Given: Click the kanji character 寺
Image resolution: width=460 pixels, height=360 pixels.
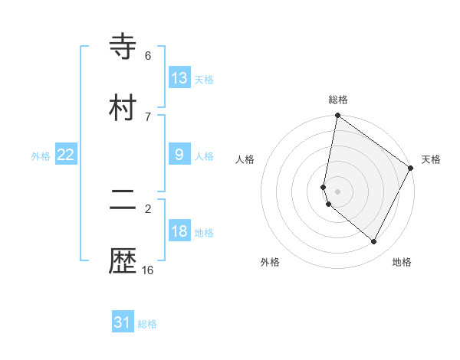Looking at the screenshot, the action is tap(123, 47).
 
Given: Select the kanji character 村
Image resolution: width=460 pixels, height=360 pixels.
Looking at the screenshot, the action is tap(123, 107).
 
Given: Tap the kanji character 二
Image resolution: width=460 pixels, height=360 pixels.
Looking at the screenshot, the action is tap(123, 201).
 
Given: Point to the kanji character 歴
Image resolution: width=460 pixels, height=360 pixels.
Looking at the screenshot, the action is tap(123, 261).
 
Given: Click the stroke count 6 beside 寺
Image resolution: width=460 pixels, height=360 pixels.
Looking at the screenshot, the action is tap(148, 56).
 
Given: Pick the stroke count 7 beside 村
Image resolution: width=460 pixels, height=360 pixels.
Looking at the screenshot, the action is tap(148, 116).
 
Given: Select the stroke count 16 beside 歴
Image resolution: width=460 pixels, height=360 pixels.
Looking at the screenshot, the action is tap(148, 270).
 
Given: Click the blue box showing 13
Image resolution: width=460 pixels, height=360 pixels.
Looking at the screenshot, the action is tap(179, 78).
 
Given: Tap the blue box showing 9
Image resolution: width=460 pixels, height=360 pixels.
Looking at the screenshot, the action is tap(179, 155).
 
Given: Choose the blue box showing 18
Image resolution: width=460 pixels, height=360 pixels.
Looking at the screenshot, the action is tap(179, 231).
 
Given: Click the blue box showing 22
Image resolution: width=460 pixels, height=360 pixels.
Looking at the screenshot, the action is tap(66, 155).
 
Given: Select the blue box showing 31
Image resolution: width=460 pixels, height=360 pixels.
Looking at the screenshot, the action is tap(123, 322).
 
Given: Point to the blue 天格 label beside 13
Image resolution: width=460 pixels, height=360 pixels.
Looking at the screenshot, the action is tap(204, 80).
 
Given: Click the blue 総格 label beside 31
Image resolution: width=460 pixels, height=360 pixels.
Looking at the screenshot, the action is tap(147, 324).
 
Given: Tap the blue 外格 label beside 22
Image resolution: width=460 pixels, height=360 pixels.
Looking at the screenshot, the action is tap(41, 156).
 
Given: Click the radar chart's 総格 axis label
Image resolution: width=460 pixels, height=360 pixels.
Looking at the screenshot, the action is tap(338, 100).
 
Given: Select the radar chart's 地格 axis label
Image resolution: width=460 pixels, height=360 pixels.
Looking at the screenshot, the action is tap(402, 262).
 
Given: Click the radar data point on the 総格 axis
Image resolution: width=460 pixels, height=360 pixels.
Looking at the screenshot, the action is tap(337, 116).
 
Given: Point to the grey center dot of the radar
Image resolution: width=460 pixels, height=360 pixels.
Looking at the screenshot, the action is tap(337, 191).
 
